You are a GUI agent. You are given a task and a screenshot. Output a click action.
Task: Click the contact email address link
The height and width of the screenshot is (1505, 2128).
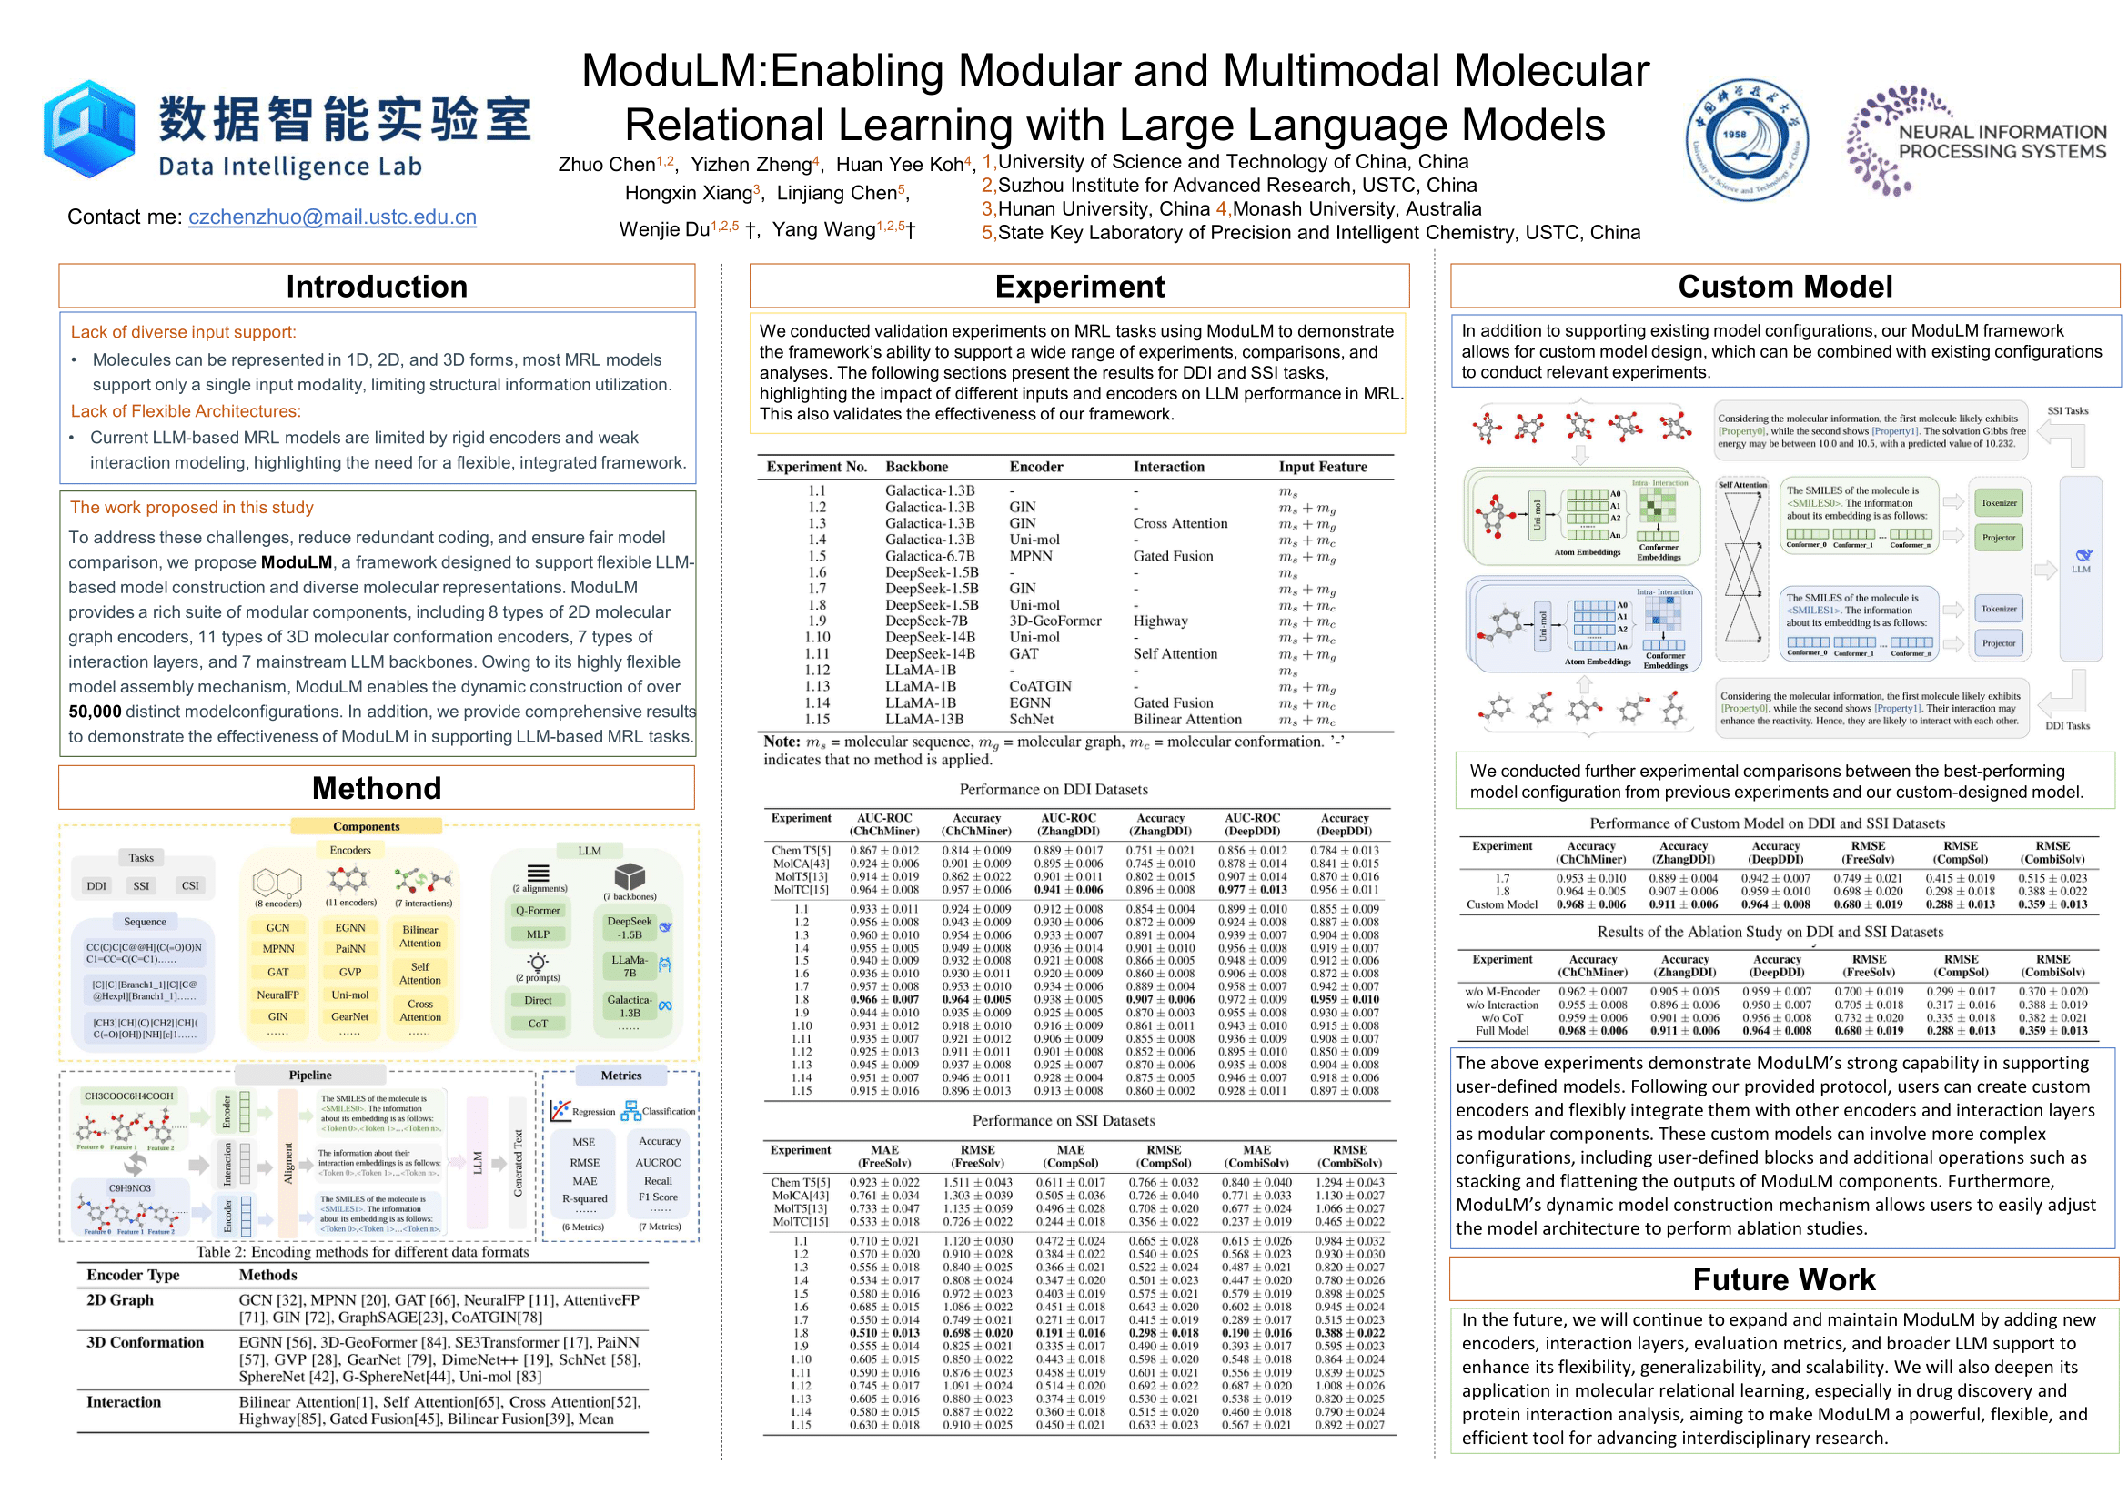332,217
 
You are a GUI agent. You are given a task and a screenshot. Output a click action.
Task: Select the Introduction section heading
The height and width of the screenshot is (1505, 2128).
377,287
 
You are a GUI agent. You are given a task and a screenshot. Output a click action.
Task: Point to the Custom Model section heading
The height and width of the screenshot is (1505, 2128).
1784,287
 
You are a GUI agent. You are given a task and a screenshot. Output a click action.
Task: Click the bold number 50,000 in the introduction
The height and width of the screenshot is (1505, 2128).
95,712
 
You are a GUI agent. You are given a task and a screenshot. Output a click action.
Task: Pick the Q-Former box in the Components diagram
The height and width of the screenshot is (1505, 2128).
538,910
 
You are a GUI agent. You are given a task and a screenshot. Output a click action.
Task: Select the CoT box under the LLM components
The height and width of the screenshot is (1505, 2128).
538,1023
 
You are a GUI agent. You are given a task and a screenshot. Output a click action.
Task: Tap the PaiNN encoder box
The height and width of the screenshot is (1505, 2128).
349,949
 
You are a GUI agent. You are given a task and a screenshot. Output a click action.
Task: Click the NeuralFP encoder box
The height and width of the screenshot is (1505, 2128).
278,995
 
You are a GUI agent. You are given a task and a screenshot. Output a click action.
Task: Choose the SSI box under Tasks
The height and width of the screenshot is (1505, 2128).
141,886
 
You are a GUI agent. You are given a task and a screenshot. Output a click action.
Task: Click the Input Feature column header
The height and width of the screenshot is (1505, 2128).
1323,467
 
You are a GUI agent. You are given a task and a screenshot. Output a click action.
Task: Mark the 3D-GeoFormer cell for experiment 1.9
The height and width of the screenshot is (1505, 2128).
1054,621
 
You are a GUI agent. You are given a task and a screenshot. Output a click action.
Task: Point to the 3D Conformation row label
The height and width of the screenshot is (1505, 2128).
145,1342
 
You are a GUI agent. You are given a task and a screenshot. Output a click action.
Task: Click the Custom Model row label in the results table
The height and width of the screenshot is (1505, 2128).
1501,904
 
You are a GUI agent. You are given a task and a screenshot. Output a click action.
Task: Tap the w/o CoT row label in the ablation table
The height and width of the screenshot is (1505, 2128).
1501,1017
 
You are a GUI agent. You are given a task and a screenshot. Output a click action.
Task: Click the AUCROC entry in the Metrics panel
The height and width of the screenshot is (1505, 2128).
658,1162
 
